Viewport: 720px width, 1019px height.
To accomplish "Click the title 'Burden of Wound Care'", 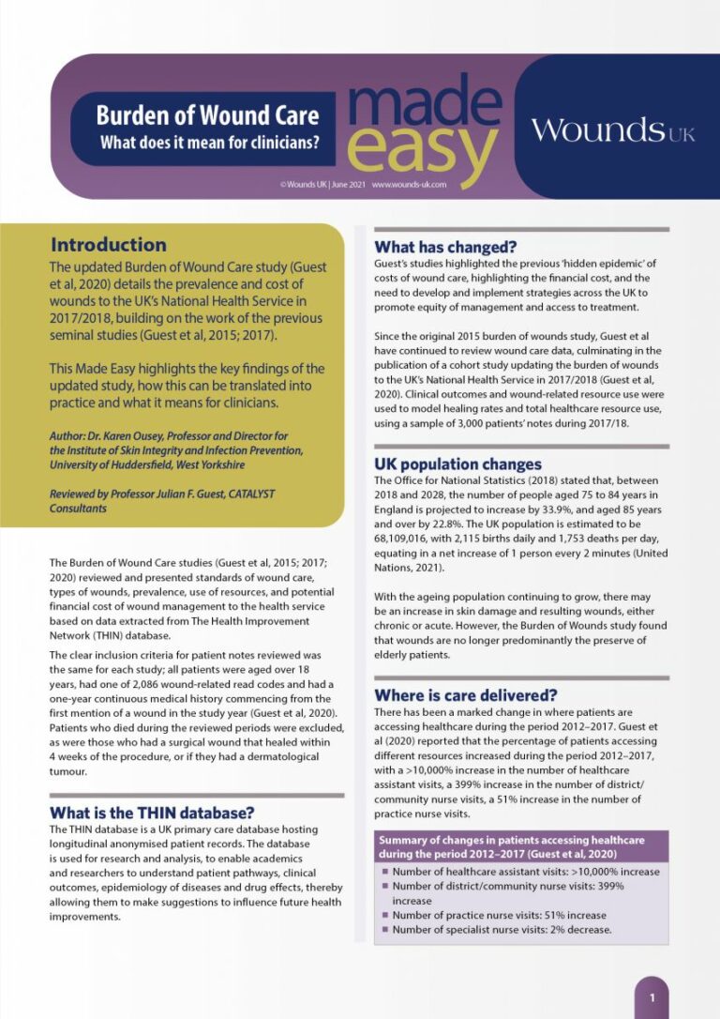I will point(207,115).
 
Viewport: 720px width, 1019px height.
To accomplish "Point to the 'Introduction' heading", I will point(109,246).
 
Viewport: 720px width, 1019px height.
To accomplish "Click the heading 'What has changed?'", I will point(445,248).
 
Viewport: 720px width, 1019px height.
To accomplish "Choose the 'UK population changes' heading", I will point(457,464).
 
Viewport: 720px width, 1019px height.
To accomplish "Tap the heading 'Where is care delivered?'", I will point(466,695).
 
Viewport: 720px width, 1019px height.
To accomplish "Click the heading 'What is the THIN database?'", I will point(151,813).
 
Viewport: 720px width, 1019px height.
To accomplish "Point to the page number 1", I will point(652,997).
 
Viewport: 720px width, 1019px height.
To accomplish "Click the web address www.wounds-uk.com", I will point(408,186).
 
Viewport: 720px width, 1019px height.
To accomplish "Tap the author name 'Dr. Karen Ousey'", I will point(134,436).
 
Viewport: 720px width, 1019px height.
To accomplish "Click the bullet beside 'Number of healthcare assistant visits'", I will point(384,872).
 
